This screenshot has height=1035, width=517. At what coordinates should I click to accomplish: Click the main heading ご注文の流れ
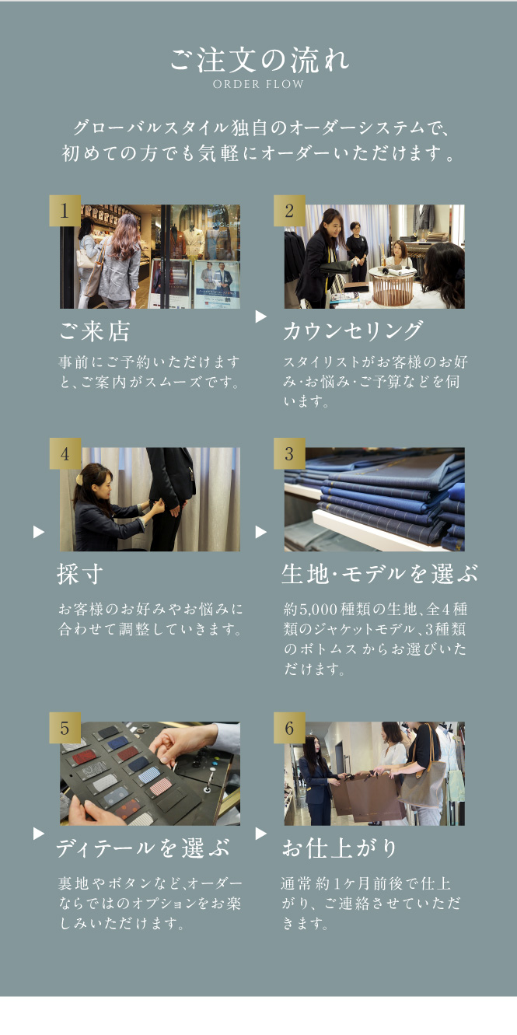tap(259, 60)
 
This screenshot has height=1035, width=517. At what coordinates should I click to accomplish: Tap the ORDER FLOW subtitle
tap(258, 84)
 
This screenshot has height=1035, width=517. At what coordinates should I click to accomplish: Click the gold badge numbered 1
tap(65, 211)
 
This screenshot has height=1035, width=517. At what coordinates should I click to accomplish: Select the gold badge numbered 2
tap(289, 211)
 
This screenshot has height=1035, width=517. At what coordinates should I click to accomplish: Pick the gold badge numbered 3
tap(289, 454)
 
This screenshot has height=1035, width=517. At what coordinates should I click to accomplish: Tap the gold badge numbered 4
tap(65, 454)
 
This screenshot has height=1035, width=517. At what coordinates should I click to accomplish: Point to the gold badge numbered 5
tap(65, 728)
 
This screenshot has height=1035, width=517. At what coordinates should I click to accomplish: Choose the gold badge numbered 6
tap(289, 728)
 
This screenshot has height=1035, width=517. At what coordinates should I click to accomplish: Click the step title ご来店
tap(95, 331)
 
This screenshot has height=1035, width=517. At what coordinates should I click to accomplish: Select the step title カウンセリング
tap(353, 330)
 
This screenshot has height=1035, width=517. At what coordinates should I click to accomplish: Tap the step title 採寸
tap(80, 575)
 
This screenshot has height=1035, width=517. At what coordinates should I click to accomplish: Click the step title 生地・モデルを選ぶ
tap(379, 575)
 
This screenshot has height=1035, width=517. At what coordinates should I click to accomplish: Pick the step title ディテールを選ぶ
tap(143, 848)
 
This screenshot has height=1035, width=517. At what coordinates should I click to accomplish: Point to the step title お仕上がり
tap(340, 848)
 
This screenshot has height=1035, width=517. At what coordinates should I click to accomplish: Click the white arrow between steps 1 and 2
tap(261, 316)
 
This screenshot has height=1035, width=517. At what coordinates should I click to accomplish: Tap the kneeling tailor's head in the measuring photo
tap(94, 481)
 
